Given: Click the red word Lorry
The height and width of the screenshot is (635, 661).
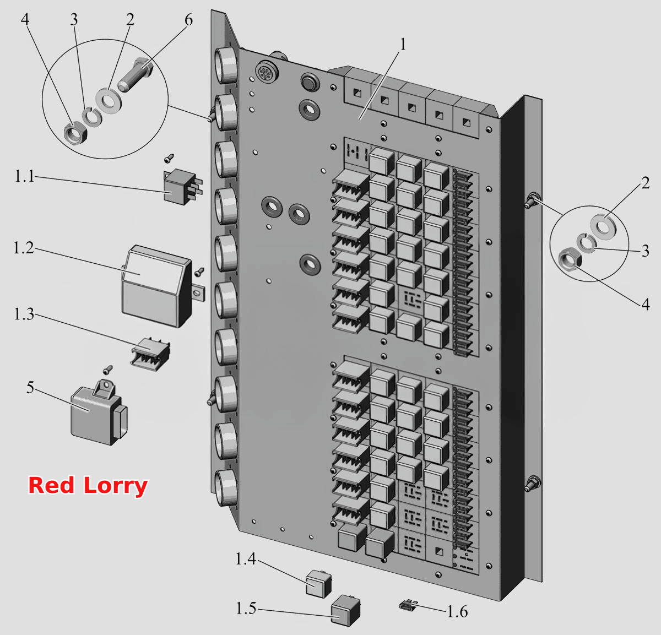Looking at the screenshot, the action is tap(115, 486).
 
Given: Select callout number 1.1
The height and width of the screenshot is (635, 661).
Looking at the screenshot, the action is tap(24, 176).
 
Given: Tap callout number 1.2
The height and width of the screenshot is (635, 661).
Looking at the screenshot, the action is tap(24, 248).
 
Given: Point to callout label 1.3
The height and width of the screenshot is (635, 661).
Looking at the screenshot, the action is tap(24, 314).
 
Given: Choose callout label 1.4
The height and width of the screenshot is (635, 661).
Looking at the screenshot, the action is tap(246, 558).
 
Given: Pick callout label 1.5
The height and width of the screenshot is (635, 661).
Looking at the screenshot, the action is tap(246, 608).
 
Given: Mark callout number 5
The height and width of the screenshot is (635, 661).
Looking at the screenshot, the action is tap(30, 388).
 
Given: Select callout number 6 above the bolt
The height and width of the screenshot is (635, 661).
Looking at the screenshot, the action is tap(188, 20).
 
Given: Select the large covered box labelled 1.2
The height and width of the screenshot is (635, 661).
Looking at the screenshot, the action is tap(156, 286).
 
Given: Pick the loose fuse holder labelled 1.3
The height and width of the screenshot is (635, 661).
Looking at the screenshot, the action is tap(150, 354).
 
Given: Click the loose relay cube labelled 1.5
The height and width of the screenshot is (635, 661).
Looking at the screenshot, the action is tap(346, 610).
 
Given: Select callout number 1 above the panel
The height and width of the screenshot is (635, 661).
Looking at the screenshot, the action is tap(403, 45).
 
